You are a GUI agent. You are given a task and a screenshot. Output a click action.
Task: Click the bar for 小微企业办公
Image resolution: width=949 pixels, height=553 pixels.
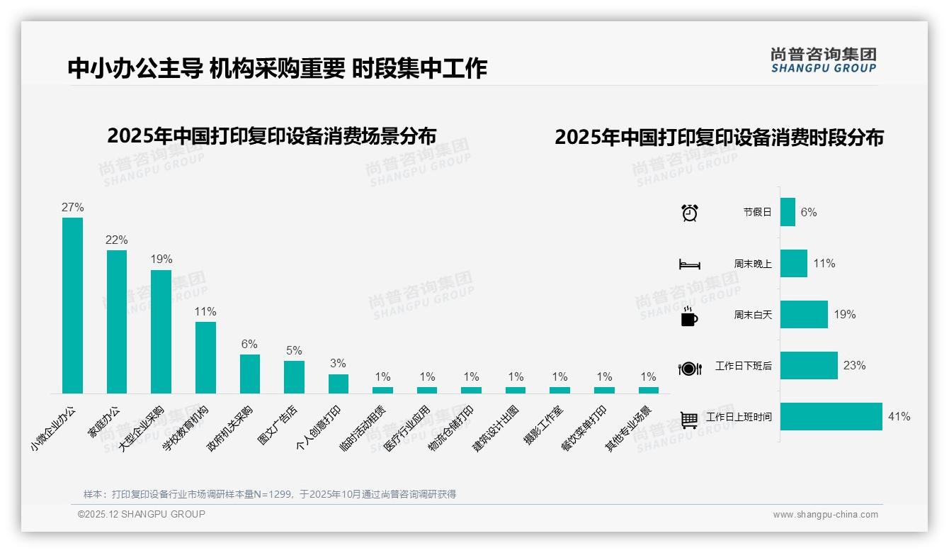(x=72, y=305)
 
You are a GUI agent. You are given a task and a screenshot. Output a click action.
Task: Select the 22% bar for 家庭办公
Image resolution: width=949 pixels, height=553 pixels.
(x=117, y=321)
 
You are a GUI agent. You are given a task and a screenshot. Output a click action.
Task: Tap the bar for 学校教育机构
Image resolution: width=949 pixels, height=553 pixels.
(x=205, y=357)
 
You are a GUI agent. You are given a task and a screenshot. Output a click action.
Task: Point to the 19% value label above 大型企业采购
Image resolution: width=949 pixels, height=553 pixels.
(x=161, y=259)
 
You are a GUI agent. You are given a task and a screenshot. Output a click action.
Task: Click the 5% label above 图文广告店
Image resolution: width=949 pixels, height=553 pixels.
(x=294, y=350)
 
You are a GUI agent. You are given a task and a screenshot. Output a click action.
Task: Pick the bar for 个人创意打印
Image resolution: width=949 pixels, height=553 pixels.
(x=339, y=384)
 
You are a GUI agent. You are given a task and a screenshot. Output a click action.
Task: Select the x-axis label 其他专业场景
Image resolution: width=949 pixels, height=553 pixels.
(x=627, y=428)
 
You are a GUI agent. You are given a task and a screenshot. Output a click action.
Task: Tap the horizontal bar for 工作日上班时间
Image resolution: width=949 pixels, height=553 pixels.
(x=831, y=417)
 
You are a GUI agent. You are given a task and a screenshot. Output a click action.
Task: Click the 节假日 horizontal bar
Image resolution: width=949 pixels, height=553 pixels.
(x=788, y=212)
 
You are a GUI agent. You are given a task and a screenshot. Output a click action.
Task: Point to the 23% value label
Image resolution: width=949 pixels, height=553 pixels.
(x=854, y=366)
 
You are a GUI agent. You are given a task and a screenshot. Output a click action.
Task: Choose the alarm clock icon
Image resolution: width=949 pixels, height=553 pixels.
(x=689, y=212)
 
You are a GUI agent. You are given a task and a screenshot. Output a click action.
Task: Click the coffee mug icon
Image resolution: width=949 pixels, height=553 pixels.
(x=689, y=317)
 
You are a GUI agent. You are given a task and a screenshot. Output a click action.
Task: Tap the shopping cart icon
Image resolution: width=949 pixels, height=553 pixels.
(x=689, y=419)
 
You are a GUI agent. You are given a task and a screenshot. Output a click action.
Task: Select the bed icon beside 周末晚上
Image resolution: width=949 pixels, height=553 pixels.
(x=689, y=264)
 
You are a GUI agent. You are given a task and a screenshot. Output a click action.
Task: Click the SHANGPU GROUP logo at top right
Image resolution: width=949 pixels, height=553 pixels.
(x=823, y=60)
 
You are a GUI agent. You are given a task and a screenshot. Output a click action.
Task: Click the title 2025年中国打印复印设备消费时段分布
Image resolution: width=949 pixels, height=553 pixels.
(x=719, y=138)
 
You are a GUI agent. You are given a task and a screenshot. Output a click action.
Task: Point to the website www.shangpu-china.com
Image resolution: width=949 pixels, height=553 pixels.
(x=825, y=515)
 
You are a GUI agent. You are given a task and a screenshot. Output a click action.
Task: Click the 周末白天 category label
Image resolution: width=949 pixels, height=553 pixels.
(x=752, y=315)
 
